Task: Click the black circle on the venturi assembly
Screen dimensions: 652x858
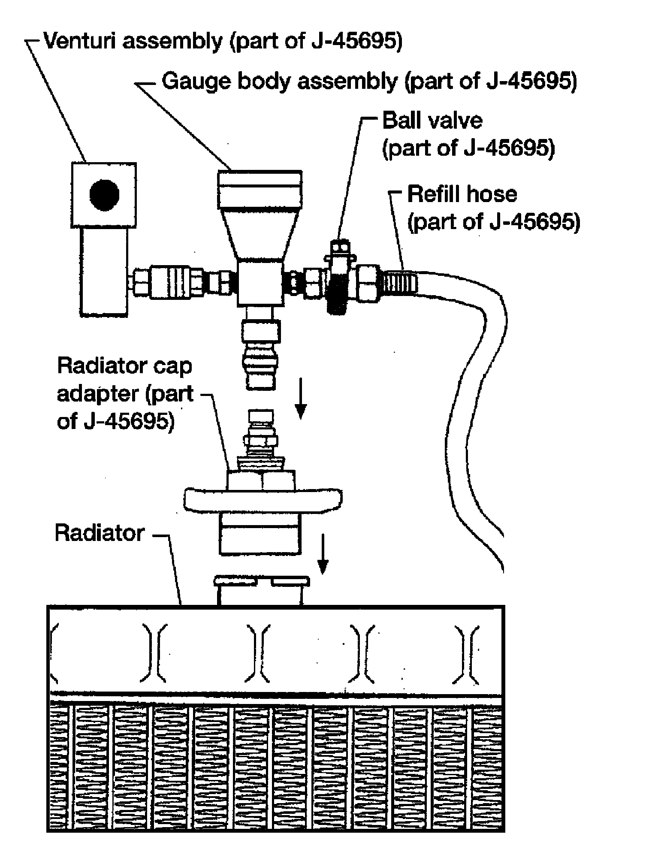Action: [x=104, y=195]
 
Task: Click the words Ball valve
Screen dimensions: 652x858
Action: [x=432, y=121]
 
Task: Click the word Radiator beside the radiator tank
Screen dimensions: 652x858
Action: [x=100, y=533]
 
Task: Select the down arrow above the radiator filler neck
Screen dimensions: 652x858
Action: [x=324, y=553]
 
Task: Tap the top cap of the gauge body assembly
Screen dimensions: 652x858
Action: [x=260, y=189]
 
